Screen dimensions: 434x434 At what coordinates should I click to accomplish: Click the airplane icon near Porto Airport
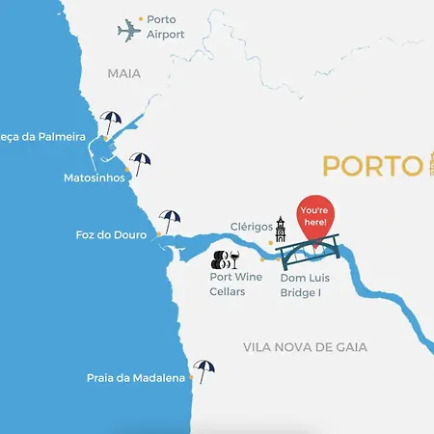[129, 31]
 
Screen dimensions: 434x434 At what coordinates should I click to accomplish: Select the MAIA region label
[123, 72]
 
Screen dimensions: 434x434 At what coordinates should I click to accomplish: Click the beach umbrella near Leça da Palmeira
[112, 122]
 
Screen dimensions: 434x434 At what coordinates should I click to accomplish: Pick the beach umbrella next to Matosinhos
[142, 163]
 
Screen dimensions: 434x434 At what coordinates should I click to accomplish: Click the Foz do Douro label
[111, 234]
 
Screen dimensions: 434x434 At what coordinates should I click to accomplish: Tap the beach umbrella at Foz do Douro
[171, 221]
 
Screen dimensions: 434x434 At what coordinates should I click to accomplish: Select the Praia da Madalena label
[135, 379]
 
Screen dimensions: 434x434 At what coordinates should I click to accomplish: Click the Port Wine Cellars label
[236, 284]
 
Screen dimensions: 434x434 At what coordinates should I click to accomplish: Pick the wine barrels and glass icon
[227, 258]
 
